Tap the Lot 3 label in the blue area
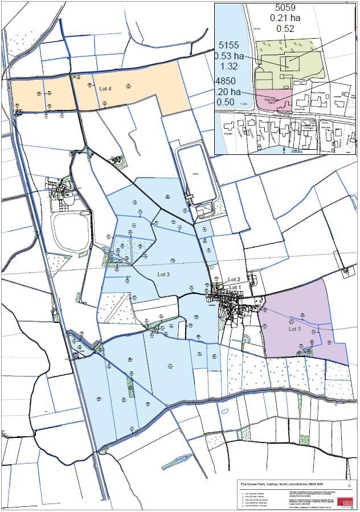point(164,275)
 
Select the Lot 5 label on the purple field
point(294,329)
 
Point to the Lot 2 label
point(234,279)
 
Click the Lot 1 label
point(234,287)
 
